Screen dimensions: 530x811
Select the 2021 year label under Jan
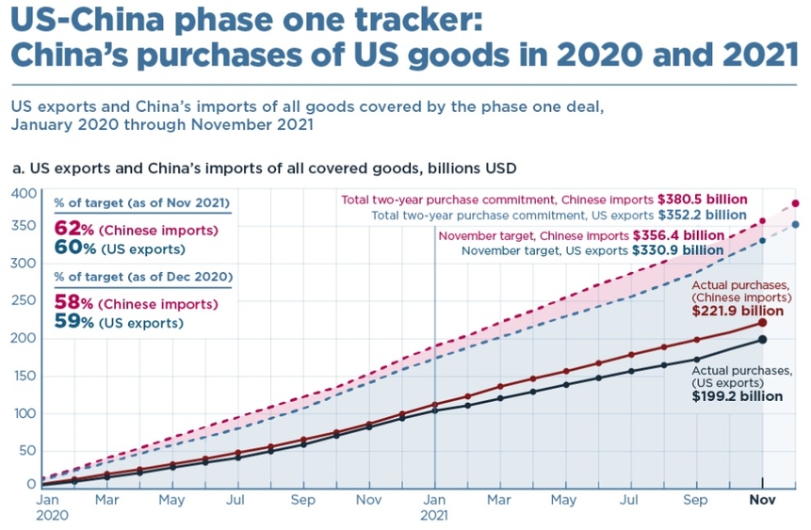(434, 515)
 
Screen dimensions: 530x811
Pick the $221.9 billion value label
(738, 311)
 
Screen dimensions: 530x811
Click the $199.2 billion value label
(738, 396)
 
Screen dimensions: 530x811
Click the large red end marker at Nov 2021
(761, 323)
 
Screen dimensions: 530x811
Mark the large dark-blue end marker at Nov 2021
(761, 340)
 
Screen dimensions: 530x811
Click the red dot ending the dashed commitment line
(796, 203)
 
